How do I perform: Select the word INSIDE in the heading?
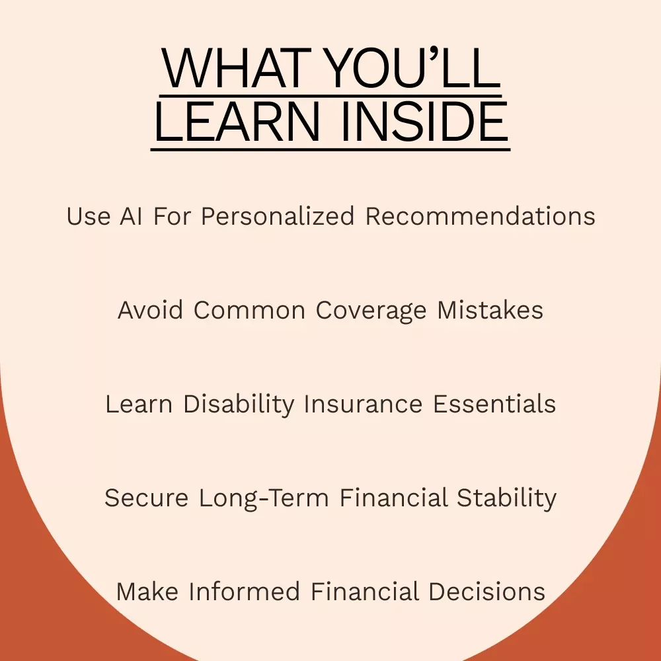(x=424, y=122)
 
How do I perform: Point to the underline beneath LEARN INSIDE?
(x=330, y=149)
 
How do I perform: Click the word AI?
(x=131, y=216)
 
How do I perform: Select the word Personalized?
(x=278, y=216)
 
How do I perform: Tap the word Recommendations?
(x=480, y=216)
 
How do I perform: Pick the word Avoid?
(x=150, y=310)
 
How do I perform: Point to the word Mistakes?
(x=490, y=310)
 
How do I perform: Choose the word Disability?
(x=239, y=405)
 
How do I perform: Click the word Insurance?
(x=363, y=405)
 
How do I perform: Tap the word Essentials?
(x=494, y=405)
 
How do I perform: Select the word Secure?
(x=146, y=498)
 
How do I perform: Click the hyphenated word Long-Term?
(x=264, y=498)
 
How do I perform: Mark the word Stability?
(x=507, y=498)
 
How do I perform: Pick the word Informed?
(x=244, y=592)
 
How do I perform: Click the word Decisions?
(x=487, y=592)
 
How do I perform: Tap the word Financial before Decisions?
(x=365, y=592)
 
